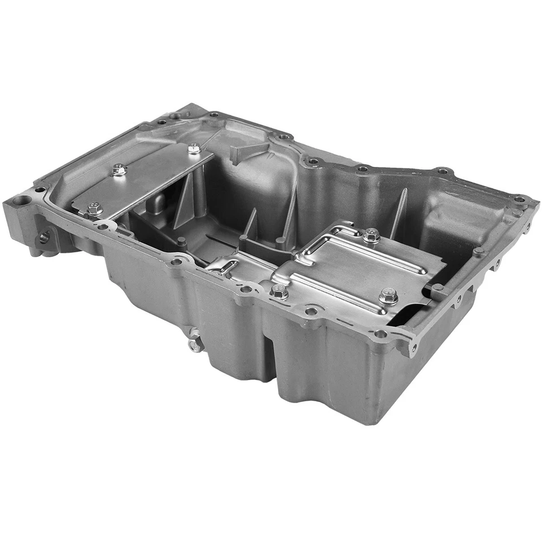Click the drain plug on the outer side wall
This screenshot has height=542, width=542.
195,344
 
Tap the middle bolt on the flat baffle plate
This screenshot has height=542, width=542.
119,169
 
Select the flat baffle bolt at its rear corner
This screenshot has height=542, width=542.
194,148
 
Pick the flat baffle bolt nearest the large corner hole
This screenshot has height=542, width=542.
94,208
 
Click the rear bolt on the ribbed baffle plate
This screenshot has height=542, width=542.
371,235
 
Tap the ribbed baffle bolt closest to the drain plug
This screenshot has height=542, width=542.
279,291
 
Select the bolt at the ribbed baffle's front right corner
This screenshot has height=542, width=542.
388,295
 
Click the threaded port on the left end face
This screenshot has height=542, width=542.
45,237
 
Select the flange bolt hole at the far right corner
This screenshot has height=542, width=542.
519,199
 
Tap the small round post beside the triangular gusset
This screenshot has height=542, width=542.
182,242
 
